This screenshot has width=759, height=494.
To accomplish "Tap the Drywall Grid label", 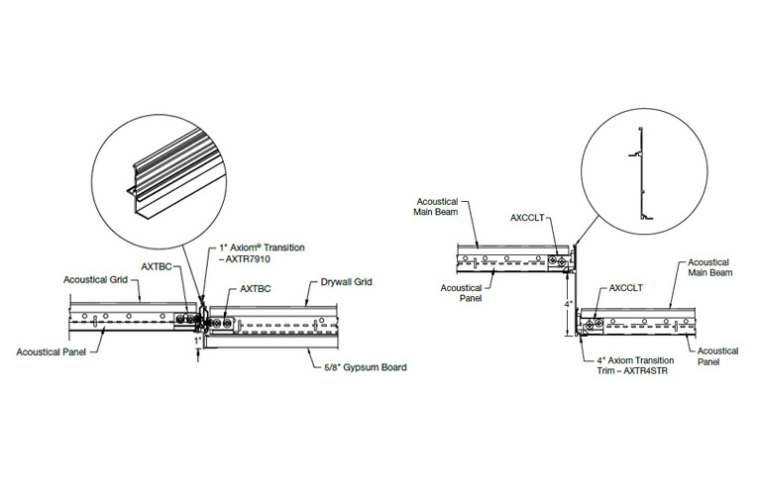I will tap(347, 282).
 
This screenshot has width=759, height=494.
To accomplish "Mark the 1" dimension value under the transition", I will tap(197, 341).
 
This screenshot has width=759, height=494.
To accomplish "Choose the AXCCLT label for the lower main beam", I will tap(625, 289).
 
